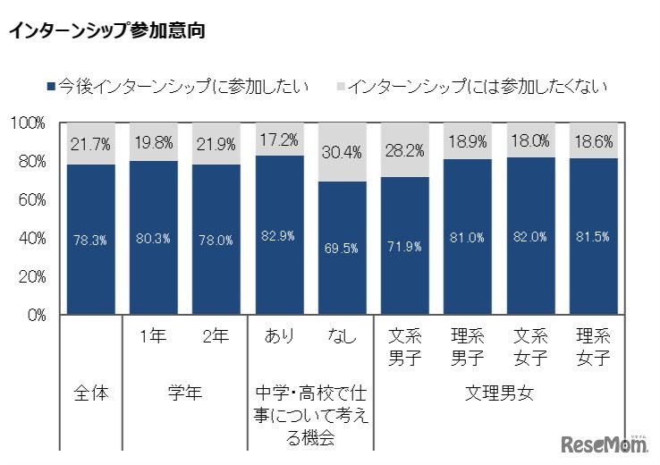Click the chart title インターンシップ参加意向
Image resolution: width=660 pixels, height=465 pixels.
coord(106,31)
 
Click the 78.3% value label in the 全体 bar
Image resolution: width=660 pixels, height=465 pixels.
coord(89,240)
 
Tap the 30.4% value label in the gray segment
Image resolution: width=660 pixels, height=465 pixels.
coord(341,153)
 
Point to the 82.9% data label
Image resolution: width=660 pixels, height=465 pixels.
coord(278,235)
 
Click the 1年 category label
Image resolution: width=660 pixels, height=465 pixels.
coord(152,337)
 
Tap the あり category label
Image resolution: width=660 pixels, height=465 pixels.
coord(278,337)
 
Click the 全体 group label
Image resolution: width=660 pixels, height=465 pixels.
coord(89,393)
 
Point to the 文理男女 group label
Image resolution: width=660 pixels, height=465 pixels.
coord(498,393)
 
